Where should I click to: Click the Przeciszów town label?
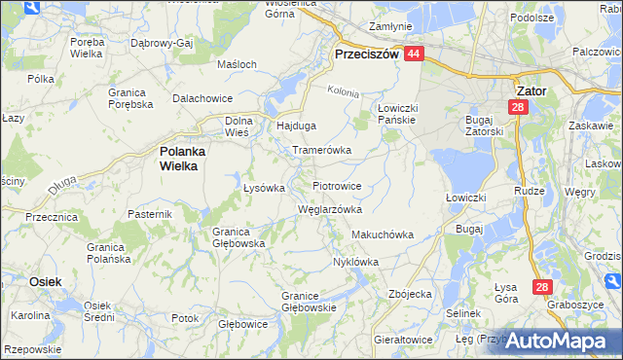366,55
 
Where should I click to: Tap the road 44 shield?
415,55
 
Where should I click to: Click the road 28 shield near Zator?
519,107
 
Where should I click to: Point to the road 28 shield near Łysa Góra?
543,287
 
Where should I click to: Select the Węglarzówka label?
330,209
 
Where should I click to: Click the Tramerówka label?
321,151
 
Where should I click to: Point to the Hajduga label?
298,126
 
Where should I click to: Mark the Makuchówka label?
383,235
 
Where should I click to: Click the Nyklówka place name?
355,262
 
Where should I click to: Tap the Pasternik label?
150,213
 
